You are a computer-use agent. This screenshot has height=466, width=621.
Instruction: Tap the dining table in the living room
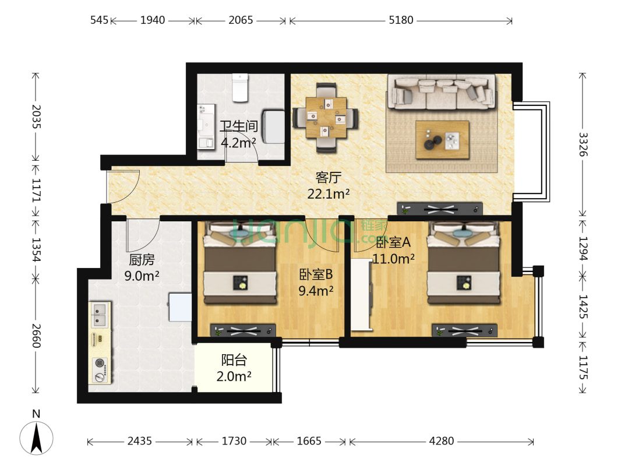pos(326,118)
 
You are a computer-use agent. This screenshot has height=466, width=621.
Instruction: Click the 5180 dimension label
pos(401,20)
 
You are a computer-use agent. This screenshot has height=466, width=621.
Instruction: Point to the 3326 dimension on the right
pos(583,144)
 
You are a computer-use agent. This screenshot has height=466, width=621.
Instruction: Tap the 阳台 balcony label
pos(234,360)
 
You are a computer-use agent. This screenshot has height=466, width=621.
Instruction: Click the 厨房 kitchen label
pos(142,260)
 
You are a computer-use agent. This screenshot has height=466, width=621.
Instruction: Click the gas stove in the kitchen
pos(100,370)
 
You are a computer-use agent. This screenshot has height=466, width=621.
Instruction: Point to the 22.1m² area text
pos(329,194)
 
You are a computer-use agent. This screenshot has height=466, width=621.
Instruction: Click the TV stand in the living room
pos(440,209)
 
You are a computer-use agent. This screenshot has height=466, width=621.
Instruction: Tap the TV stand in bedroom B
pos(243,330)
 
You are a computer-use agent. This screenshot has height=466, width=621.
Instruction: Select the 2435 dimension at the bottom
pos(139,441)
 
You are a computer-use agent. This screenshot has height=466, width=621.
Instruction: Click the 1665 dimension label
pos(309,441)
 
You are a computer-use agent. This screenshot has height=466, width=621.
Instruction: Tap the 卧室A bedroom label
pos(393,242)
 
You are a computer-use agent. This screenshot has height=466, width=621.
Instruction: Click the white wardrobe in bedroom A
pos(361,294)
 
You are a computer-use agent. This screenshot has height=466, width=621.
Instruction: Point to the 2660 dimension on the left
pos(36,336)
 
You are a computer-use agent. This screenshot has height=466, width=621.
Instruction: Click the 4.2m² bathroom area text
pos(238,143)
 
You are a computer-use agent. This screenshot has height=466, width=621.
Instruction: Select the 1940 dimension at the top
pos(153,20)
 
